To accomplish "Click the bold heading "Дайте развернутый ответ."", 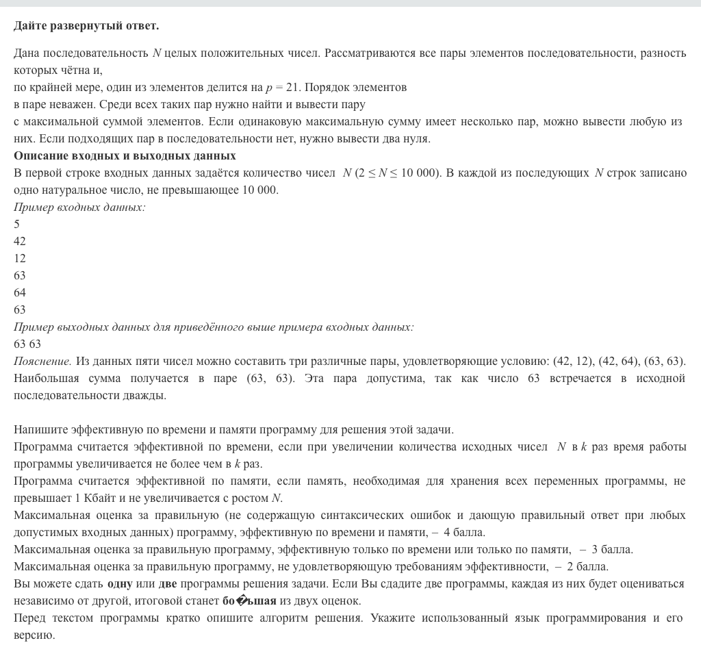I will pos(86,26).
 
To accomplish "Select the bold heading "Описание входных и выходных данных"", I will pos(125,156).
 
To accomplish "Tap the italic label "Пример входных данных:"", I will pos(79,207).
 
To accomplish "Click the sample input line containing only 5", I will pos(17,225).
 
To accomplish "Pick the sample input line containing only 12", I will pos(20,259).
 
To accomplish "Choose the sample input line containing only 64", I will pos(20,293).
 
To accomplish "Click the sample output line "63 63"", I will pos(27,344).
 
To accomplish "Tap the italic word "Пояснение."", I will pos(42,362).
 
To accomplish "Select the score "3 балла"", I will pos(612,550).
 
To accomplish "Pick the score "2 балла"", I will pos(587,567).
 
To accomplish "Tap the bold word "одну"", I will pos(120,584).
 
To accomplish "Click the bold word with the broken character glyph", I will pos(249,601).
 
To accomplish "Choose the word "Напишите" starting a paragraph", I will pos(37,430).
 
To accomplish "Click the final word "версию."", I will pos(34,635).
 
